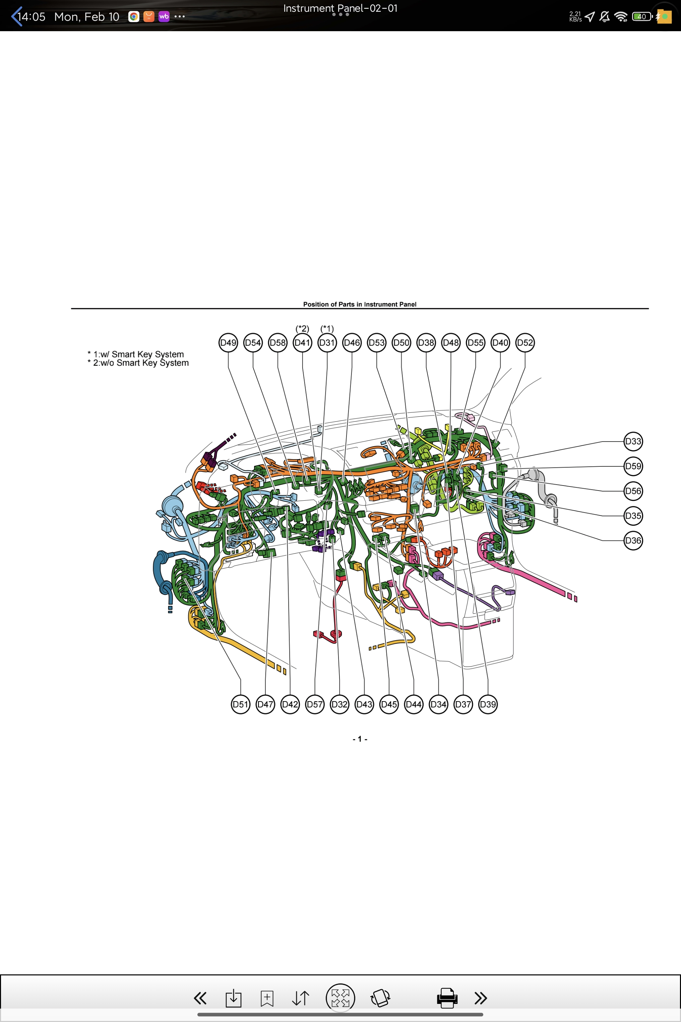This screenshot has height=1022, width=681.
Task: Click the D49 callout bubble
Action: tap(229, 342)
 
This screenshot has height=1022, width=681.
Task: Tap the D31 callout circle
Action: tap(327, 342)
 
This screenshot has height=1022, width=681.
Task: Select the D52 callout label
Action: tap(524, 342)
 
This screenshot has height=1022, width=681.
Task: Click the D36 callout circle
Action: tap(633, 541)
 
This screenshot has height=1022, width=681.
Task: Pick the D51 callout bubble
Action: tap(241, 704)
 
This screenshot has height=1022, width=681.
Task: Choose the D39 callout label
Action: tap(488, 704)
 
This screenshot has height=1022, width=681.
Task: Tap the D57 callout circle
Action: tap(315, 704)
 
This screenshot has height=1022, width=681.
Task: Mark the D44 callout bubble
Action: tap(414, 704)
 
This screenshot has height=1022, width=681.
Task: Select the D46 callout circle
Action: tap(352, 342)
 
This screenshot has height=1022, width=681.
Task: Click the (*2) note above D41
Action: tap(302, 329)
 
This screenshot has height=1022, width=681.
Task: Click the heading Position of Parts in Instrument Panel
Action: tap(360, 304)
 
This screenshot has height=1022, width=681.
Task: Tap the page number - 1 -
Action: tap(360, 739)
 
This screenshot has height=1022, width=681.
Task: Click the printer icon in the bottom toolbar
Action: tap(447, 998)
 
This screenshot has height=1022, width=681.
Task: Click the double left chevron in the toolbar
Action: tap(200, 998)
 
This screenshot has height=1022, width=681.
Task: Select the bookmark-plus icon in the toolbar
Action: tap(267, 998)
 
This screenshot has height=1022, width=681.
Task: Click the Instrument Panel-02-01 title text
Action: tap(340, 8)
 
